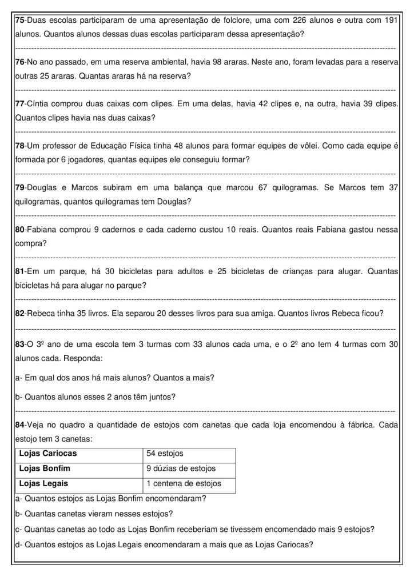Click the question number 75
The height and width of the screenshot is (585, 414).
coord(21,21)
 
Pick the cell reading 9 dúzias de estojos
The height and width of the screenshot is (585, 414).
coord(181,468)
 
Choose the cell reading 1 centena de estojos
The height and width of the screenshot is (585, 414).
coord(184,483)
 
